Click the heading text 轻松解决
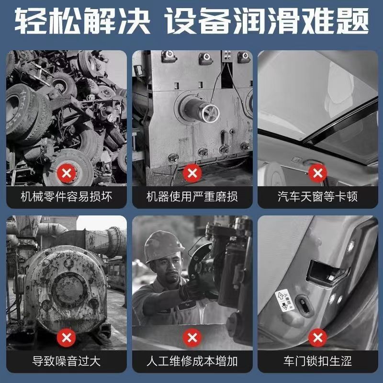click(x=82, y=21)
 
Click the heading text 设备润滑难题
click(x=267, y=21)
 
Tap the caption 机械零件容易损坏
click(x=67, y=197)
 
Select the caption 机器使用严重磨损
click(x=192, y=197)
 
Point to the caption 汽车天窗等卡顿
click(x=318, y=197)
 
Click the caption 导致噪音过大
click(x=67, y=361)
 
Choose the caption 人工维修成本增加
click(x=192, y=361)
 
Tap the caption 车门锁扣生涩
click(x=318, y=361)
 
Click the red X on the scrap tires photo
click(x=67, y=173)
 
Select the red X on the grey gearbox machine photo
click(x=192, y=173)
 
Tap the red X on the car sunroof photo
click(x=317, y=173)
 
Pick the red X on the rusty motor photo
click(x=67, y=338)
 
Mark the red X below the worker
click(x=192, y=338)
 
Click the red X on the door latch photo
click(x=317, y=338)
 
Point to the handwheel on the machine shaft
click(x=210, y=113)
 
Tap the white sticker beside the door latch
click(x=284, y=300)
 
